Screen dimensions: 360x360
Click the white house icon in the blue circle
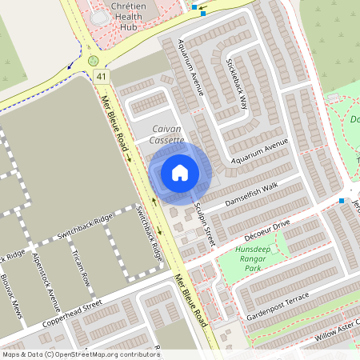(x=180, y=172)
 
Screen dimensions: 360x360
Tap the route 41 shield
(x=100, y=76)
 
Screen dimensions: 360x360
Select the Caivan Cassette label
(x=166, y=134)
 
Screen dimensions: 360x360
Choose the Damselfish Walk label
(x=251, y=192)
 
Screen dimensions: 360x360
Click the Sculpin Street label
(x=205, y=225)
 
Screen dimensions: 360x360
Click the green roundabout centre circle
(x=94, y=60)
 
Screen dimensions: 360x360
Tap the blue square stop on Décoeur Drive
(x=342, y=200)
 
